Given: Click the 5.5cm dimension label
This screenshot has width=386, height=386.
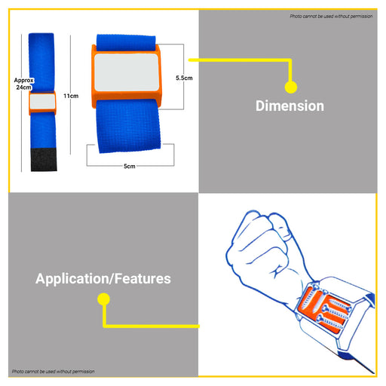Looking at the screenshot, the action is click(184, 78).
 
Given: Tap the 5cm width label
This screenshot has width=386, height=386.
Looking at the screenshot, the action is click(130, 166).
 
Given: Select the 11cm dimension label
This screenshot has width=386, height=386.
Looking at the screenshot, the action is click(71, 96).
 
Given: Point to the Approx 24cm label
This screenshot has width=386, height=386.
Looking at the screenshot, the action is click(24, 84).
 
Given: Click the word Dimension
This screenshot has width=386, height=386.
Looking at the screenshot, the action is click(289, 106).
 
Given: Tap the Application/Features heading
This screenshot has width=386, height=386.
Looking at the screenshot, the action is click(103, 279).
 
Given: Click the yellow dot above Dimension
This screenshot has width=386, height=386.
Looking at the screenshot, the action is click(291, 87).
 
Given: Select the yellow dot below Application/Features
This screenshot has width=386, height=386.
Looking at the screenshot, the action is click(103, 299).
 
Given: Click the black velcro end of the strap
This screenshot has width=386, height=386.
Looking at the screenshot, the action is click(44, 160).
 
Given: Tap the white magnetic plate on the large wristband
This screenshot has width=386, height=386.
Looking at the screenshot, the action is click(127, 72).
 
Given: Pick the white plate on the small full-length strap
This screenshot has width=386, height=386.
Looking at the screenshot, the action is click(42, 101).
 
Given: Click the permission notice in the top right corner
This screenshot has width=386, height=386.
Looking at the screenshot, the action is click(331, 17).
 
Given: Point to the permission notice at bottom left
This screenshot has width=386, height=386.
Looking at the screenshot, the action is click(54, 372).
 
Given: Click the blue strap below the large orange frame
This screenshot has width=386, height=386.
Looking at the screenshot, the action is click(128, 126).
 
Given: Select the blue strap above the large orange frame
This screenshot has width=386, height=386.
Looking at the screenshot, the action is click(126, 43).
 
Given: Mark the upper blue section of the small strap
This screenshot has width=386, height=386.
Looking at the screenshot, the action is click(41, 63).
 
